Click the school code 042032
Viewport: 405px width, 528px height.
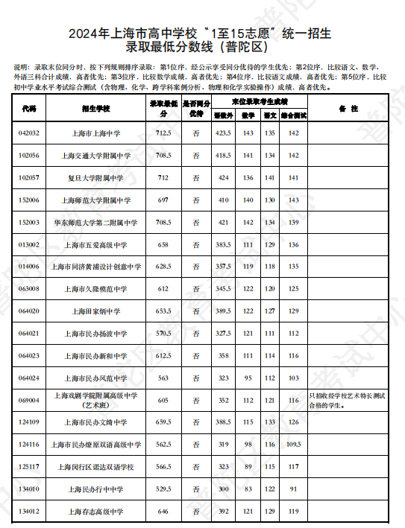click(29, 133)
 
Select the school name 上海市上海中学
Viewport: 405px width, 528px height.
click(95, 133)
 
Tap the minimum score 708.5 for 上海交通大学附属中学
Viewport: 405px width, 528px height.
click(163, 155)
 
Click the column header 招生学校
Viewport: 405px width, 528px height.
click(95, 109)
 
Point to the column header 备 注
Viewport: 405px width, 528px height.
click(348, 109)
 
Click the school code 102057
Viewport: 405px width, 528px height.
click(29, 178)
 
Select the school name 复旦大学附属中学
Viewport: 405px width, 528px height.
click(95, 178)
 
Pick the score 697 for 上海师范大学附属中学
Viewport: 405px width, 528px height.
click(163, 200)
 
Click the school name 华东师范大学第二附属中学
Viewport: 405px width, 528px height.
click(95, 223)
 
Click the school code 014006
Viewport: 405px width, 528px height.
click(29, 267)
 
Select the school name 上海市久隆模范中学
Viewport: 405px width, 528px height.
click(95, 289)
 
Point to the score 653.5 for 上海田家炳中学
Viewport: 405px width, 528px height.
click(163, 311)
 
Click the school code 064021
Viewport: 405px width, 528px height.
click(29, 334)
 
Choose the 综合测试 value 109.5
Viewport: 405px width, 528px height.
click(293, 445)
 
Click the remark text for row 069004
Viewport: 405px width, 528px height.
click(348, 401)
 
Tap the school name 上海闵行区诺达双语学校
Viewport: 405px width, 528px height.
click(95, 467)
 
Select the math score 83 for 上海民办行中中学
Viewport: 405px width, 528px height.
click(248, 489)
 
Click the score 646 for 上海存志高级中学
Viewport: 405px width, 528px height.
click(163, 512)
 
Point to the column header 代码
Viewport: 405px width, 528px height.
click(29, 109)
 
